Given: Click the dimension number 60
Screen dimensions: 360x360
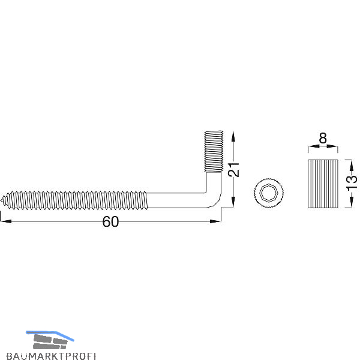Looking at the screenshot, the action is click(x=110, y=221).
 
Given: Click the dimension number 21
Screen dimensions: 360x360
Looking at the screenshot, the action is click(x=233, y=169).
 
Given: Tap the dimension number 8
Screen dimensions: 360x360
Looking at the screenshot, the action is click(x=323, y=138).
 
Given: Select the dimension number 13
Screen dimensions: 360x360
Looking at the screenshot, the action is click(x=352, y=183).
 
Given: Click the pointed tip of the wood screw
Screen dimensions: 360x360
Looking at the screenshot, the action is click(x=1, y=200).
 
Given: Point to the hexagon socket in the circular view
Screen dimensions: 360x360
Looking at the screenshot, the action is click(x=269, y=193).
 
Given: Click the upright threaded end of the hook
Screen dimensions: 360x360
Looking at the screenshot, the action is click(x=214, y=151).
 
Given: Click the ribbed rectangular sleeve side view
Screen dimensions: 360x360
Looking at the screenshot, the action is click(x=323, y=184).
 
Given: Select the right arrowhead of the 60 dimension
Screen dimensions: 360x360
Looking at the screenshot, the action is click(x=215, y=221).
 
